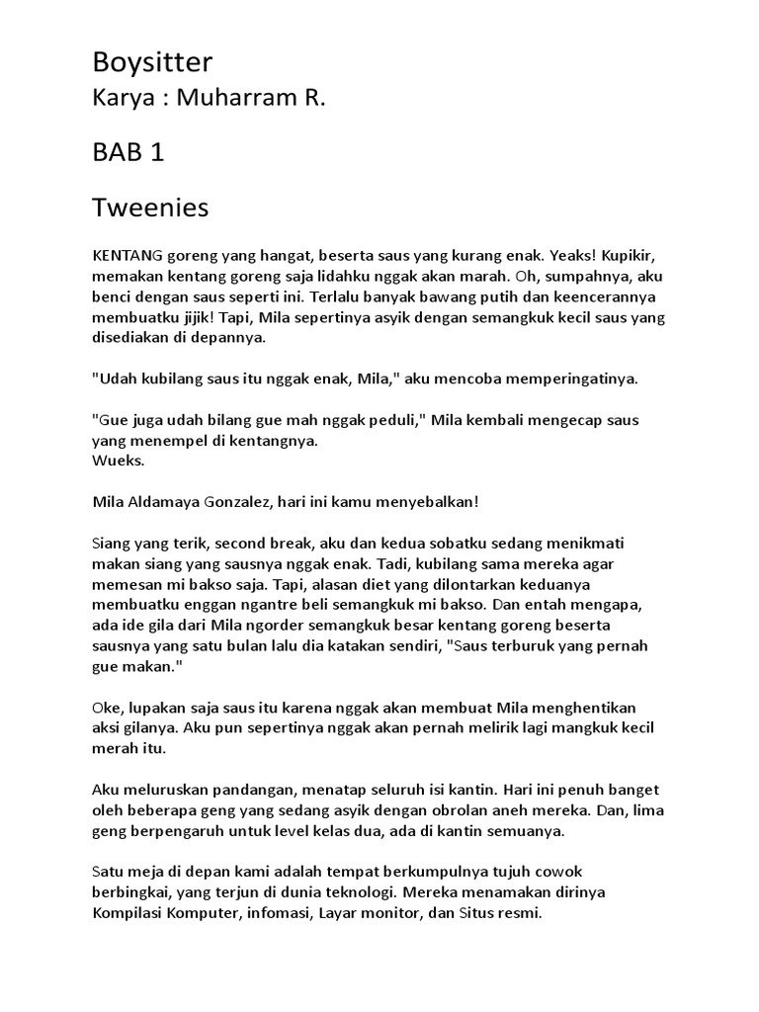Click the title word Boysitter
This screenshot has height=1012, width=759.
tap(152, 63)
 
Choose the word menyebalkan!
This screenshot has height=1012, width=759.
tap(427, 502)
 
